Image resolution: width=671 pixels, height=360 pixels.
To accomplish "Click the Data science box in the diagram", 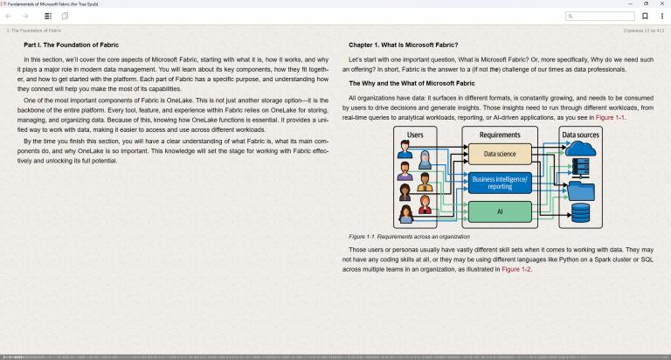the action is [500, 154].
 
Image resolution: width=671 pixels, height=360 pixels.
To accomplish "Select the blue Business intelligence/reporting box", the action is [500, 183].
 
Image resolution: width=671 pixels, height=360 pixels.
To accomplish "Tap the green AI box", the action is [500, 211].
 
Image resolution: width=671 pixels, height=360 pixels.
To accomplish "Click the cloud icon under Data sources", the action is [580, 149].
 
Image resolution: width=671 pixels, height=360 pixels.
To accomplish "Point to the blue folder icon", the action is [581, 190].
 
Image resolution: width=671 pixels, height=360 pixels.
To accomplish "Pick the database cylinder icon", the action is [580, 212].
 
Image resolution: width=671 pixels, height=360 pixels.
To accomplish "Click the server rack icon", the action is [580, 168].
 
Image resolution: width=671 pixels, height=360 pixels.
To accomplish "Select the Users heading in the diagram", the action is [415, 135].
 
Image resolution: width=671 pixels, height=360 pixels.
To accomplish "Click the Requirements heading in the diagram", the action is [500, 135].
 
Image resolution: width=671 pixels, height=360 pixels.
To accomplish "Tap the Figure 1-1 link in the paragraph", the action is [610, 117].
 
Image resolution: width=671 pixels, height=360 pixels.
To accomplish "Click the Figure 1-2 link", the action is [516, 269].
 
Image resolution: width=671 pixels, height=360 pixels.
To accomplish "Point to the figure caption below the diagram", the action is [409, 237].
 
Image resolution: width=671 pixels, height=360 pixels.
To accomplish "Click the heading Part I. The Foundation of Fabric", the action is [71, 45].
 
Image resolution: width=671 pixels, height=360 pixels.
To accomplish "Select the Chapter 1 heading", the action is [403, 45].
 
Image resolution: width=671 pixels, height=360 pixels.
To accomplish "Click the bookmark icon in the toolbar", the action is [645, 17].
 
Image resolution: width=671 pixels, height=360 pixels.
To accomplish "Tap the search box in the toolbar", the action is [600, 17].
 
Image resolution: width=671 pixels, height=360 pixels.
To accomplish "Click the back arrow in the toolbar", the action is [8, 17].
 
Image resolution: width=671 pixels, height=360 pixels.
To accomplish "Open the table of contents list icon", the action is [48, 17].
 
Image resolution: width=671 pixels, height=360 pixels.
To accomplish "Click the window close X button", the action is [662, 3].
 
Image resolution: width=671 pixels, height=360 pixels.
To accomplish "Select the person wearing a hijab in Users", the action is [425, 160].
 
